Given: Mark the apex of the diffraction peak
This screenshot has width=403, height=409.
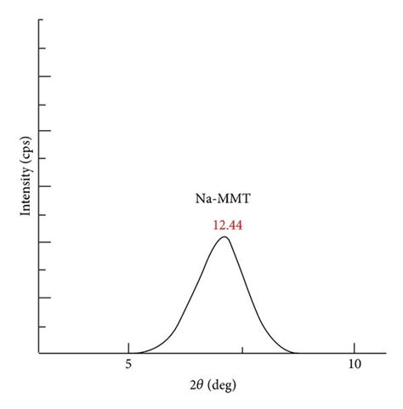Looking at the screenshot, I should (x=224, y=236).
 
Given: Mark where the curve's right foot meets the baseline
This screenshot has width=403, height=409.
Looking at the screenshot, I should (x=298, y=352).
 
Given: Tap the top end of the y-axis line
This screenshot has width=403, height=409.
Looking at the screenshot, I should (x=39, y=19).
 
